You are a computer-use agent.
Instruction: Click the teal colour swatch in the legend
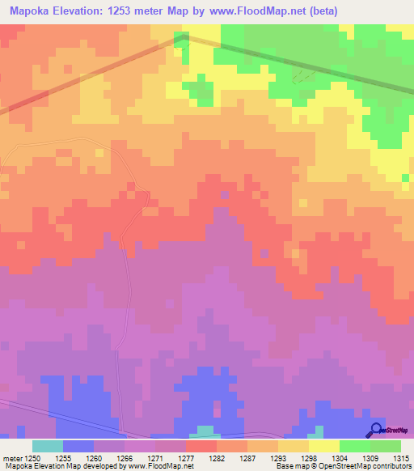(48, 446)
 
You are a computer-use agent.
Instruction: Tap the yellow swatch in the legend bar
(323, 446)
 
